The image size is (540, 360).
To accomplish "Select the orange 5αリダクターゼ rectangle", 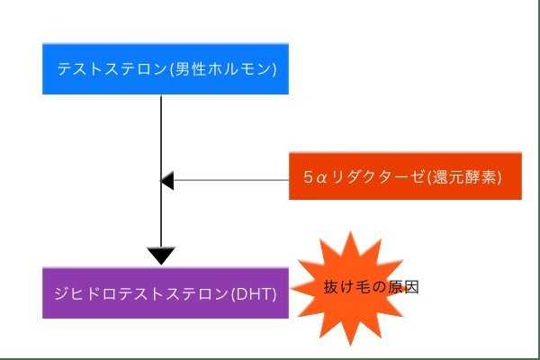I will click(405, 176).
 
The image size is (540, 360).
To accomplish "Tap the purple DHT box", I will click(166, 292).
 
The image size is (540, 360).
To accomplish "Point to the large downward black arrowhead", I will click(160, 255).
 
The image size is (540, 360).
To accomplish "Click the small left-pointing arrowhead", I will click(166, 181).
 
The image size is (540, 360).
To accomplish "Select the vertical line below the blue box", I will click(160, 135).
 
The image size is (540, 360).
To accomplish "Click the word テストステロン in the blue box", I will click(107, 68).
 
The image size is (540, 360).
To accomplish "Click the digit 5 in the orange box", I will click(309, 177).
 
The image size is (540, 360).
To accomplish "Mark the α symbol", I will click(321, 178).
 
